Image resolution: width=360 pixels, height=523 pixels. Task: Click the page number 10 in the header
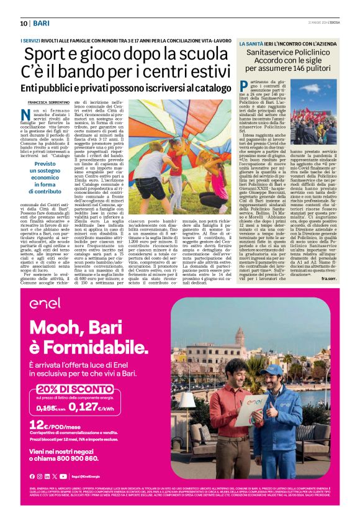24,24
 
